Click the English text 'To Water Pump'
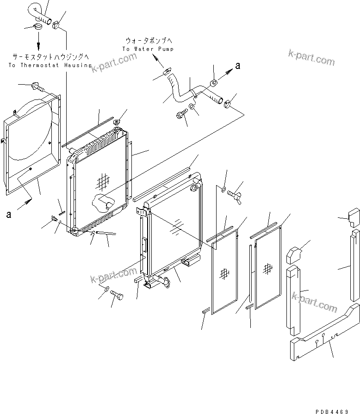click(x=143, y=49)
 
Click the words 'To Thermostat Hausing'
click(x=50, y=66)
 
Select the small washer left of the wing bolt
click(x=223, y=189)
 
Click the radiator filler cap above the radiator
click(x=117, y=122)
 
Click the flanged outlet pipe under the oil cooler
click(x=162, y=281)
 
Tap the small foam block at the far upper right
click(x=354, y=217)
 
